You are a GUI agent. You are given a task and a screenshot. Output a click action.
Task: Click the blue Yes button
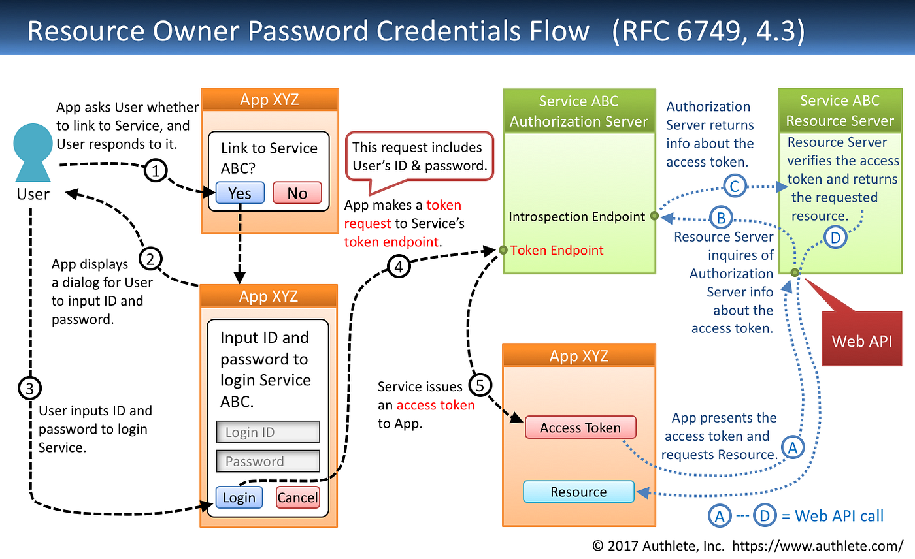[240, 193]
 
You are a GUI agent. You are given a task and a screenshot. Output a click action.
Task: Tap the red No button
[297, 193]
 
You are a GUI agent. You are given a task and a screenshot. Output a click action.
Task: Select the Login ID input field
[268, 432]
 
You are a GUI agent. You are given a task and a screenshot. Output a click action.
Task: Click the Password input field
[268, 461]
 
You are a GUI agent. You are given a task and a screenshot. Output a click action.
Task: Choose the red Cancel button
[297, 498]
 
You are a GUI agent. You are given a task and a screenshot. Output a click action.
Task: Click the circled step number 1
[155, 171]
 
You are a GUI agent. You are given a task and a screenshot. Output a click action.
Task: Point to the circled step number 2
[150, 259]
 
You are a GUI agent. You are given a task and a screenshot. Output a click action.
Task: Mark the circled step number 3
[29, 389]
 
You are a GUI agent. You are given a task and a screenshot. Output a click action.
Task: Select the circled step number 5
[480, 385]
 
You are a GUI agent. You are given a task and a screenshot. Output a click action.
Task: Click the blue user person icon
[33, 154]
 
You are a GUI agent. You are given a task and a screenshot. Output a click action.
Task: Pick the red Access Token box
[580, 428]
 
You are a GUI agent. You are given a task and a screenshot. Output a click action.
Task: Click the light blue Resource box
[578, 492]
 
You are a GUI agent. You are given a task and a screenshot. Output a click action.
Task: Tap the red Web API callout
[861, 340]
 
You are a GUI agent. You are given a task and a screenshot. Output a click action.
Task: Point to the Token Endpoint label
[557, 250]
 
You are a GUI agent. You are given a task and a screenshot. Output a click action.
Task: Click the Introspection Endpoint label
[577, 217]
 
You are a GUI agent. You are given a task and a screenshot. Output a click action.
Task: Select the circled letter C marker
[735, 187]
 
